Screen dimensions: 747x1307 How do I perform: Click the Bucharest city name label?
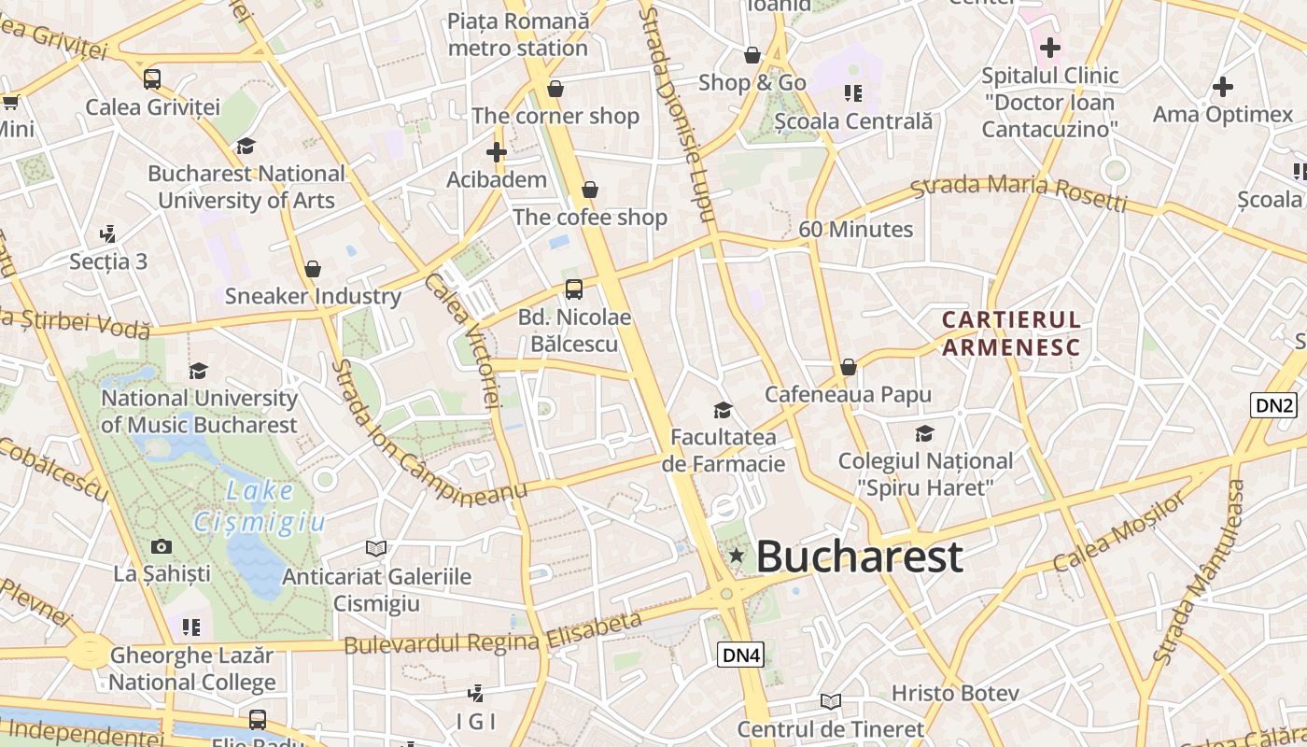tap(859, 557)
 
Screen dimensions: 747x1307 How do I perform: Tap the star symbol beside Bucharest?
tap(737, 556)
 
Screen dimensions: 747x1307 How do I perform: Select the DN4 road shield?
tap(741, 655)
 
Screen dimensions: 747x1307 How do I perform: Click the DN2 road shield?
tap(1274, 405)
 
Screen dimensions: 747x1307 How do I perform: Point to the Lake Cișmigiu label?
tap(259, 505)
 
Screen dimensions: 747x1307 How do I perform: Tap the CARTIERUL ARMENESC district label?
tap(1011, 333)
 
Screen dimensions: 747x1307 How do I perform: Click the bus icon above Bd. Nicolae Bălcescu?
tap(573, 289)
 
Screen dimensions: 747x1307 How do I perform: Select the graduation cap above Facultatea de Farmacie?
tap(723, 410)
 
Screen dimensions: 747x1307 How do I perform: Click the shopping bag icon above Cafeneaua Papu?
tap(848, 367)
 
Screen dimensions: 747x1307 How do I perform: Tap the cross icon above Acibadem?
tap(497, 151)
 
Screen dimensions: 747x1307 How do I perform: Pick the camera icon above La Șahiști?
tap(162, 546)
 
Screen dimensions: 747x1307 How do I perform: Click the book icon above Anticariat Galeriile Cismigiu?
tap(376, 548)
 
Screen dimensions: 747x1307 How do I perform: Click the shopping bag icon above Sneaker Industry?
tap(313, 269)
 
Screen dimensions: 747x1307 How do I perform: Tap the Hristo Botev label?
tap(954, 693)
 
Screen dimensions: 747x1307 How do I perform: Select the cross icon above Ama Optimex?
tap(1223, 88)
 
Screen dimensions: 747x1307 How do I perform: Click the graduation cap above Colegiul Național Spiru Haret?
tap(924, 433)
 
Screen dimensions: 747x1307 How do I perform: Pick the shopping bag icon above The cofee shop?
tap(590, 190)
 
